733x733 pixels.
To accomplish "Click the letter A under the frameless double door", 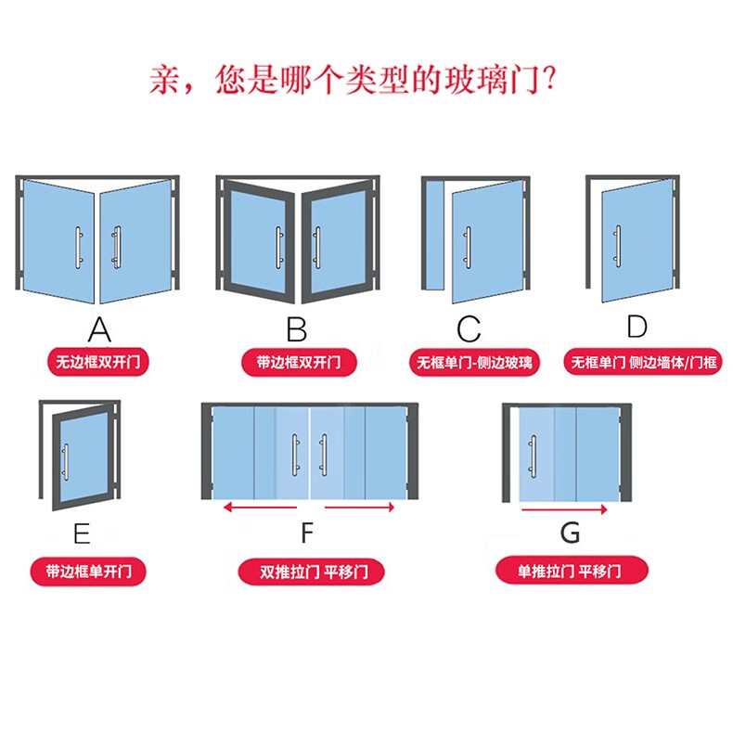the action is [99, 329].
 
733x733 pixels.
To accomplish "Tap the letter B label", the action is [296, 329].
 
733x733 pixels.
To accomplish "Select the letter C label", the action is [469, 329].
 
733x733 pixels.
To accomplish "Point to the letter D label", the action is [637, 327].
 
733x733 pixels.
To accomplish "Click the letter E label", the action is [82, 534].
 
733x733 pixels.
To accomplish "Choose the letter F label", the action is [307, 533].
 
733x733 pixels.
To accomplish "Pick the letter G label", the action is [570, 533].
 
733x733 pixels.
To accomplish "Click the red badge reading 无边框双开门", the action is [97, 362].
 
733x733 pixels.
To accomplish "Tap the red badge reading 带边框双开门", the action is [299, 362].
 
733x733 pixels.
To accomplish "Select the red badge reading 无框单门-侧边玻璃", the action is [474, 362].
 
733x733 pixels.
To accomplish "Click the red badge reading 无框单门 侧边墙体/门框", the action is [643, 362].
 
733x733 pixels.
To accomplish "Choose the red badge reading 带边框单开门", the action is [88, 572].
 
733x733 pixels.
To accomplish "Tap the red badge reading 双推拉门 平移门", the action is [311, 572].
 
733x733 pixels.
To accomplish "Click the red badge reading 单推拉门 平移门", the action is [572, 571].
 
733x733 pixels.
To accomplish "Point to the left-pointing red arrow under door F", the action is [260, 508].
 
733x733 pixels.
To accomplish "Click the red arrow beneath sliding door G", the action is [564, 509].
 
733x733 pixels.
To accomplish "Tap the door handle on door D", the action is [618, 246].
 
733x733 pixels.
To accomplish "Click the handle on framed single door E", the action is [66, 461].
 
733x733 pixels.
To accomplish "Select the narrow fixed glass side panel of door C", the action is [434, 235].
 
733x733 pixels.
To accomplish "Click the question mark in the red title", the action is [549, 79].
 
